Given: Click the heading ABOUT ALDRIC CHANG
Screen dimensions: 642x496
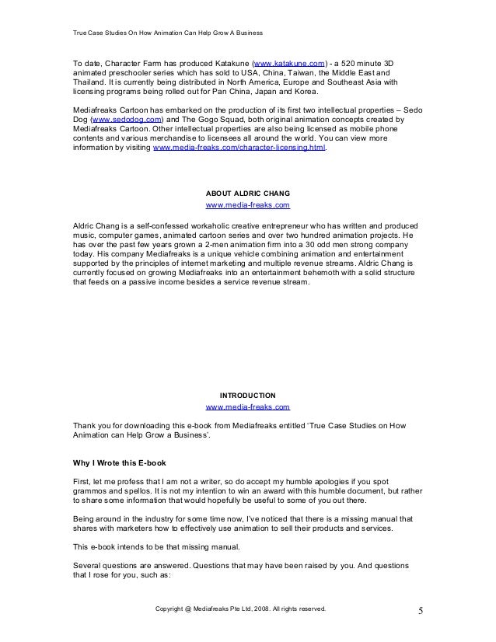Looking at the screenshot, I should click(247, 192).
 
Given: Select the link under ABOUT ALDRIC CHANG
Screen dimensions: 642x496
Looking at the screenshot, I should click(247, 205).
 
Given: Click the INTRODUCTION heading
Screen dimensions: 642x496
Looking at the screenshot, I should click(247, 394).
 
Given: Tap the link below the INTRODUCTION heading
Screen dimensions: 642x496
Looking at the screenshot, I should click(247, 406).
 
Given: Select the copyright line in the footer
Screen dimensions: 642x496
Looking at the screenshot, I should click(242, 608).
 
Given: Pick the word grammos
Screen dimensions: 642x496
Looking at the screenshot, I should click(90, 492).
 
